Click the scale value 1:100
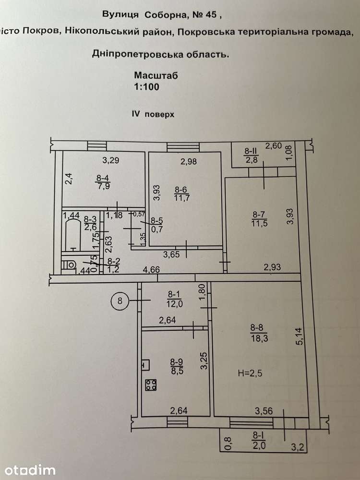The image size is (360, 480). pyautogui.click(x=146, y=86)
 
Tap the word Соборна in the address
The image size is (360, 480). pyautogui.click(x=165, y=15)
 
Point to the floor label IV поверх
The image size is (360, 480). pyautogui.click(x=153, y=114)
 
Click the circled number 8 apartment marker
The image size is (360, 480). pyautogui.click(x=120, y=300)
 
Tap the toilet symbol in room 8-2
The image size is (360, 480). pyautogui.click(x=69, y=264)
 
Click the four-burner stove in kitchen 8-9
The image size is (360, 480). pyautogui.click(x=151, y=385)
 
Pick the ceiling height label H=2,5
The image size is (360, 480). pyautogui.click(x=250, y=373)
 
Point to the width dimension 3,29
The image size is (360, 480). pyautogui.click(x=110, y=160)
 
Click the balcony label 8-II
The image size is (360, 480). pyautogui.click(x=251, y=151)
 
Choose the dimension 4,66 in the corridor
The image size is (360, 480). pyautogui.click(x=151, y=269)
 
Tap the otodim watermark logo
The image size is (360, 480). pyautogui.click(x=30, y=470)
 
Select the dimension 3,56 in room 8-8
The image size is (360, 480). pyautogui.click(x=264, y=411)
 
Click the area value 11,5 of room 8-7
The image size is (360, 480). pyautogui.click(x=259, y=223)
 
